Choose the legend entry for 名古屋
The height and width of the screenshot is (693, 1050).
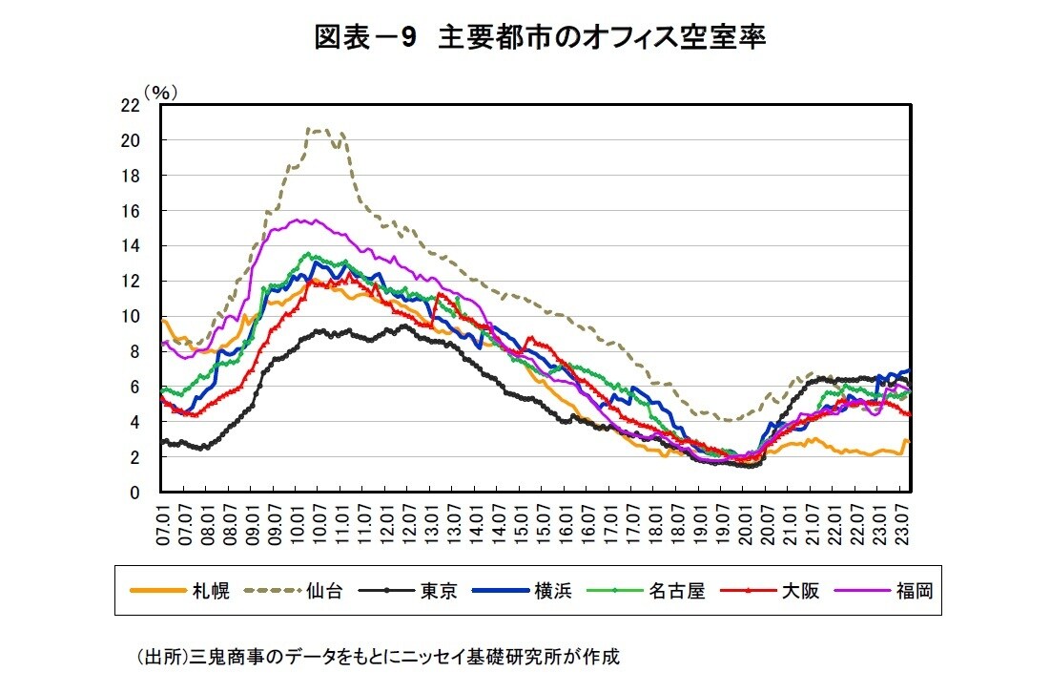[676, 591]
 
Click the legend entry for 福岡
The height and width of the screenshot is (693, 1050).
[915, 591]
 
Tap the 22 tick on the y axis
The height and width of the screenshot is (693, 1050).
[130, 105]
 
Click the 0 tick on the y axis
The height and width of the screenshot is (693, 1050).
[134, 493]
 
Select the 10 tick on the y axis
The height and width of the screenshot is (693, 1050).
[130, 316]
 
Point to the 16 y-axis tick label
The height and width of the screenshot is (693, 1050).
[130, 210]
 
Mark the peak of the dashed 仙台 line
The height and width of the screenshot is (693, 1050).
[313, 129]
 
